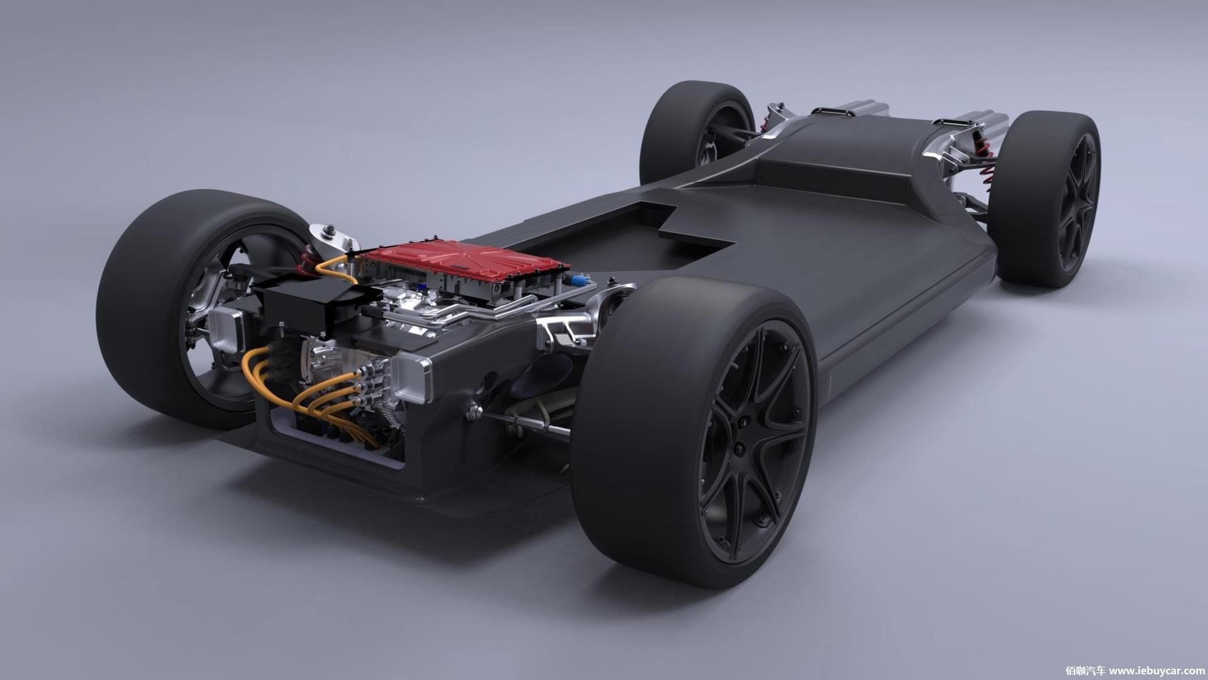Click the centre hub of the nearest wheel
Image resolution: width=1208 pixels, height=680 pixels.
[740, 446]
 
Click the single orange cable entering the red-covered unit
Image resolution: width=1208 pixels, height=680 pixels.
[333, 267]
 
